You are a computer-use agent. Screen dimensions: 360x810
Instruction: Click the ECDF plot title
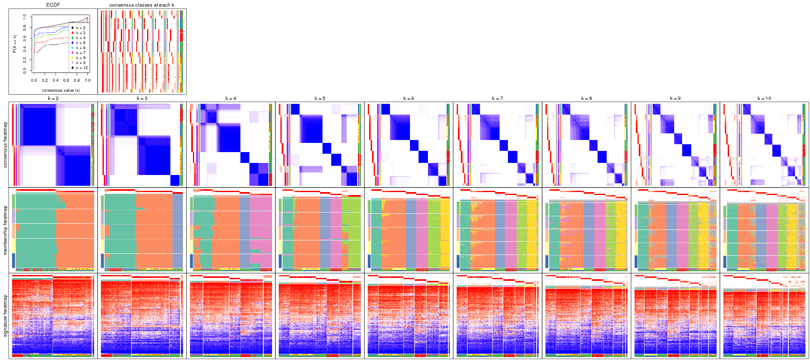[53, 5]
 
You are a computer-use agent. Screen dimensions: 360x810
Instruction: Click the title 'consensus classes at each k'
[142, 5]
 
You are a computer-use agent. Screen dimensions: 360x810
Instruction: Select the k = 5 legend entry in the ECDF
[80, 43]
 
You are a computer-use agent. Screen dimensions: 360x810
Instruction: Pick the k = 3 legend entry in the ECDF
[80, 33]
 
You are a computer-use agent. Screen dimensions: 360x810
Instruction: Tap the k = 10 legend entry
[81, 68]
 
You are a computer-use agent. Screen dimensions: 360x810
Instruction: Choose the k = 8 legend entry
[80, 58]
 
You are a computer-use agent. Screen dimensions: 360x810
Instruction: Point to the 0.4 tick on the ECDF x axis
[55, 80]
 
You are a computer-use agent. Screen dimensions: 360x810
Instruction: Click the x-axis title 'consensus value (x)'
[61, 90]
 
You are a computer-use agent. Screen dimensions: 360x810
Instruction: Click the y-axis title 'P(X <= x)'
[15, 44]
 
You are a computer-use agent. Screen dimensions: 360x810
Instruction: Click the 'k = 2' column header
[53, 98]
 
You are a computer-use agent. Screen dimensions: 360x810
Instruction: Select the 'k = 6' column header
[408, 98]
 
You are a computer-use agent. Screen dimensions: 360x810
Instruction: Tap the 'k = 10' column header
[764, 98]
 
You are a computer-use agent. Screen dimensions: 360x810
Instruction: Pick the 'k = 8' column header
[586, 98]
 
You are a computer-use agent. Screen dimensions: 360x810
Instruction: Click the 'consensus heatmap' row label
[5, 145]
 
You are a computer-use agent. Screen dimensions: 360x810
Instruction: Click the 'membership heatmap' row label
[5, 230]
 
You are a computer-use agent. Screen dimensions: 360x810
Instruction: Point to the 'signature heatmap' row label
[5, 315]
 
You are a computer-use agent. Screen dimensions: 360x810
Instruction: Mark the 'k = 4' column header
[230, 98]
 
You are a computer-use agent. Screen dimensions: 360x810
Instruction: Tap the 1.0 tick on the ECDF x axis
[87, 80]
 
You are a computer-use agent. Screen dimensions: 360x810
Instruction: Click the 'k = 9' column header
[675, 98]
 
